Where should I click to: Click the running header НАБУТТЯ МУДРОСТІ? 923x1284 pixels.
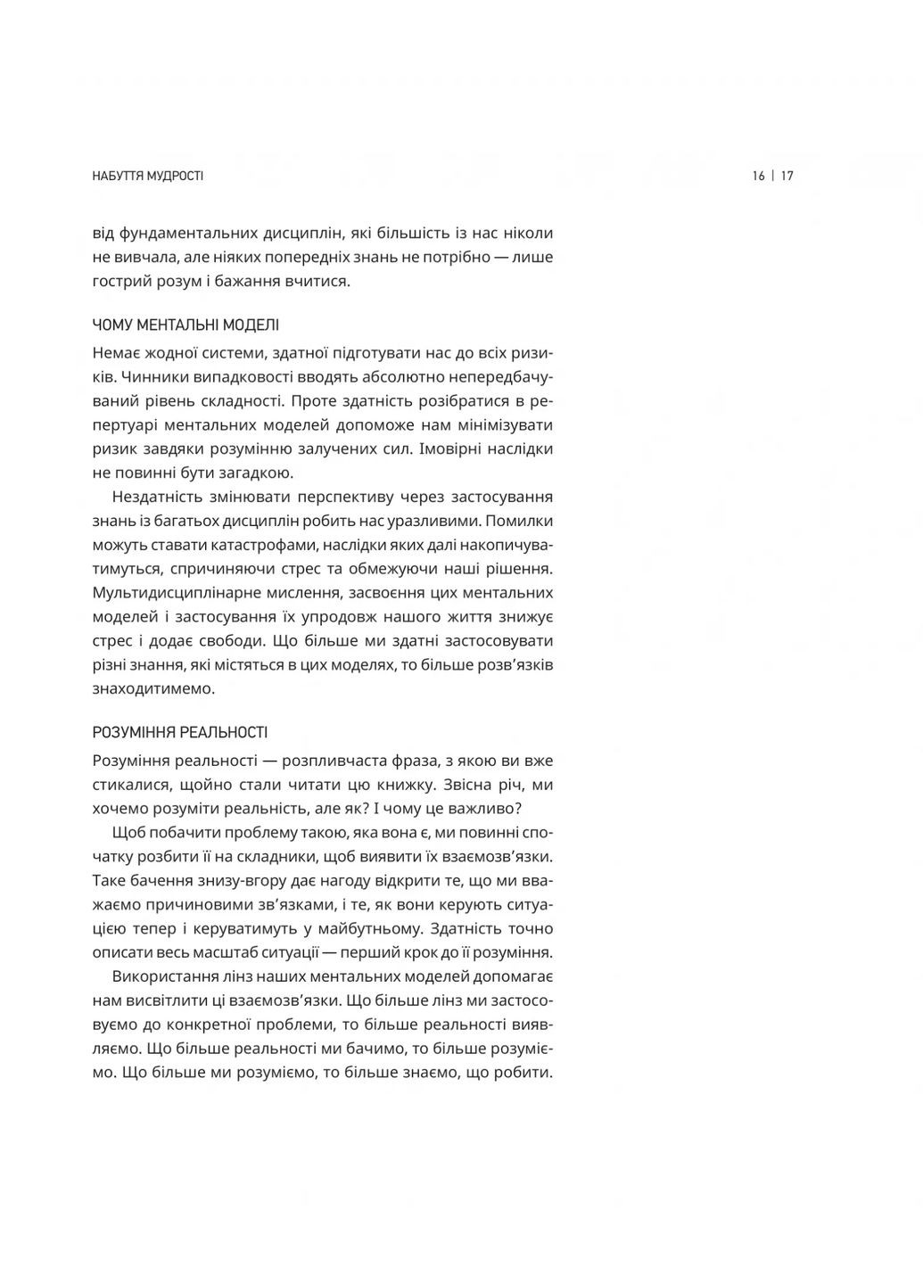click(x=148, y=177)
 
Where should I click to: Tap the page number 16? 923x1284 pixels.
click(x=758, y=177)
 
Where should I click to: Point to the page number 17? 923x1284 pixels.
click(x=787, y=177)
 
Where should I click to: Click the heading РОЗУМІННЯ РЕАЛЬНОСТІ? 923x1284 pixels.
click(x=180, y=733)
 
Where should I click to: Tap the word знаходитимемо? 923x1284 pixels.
click(x=153, y=689)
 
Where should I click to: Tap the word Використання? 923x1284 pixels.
click(x=168, y=976)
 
